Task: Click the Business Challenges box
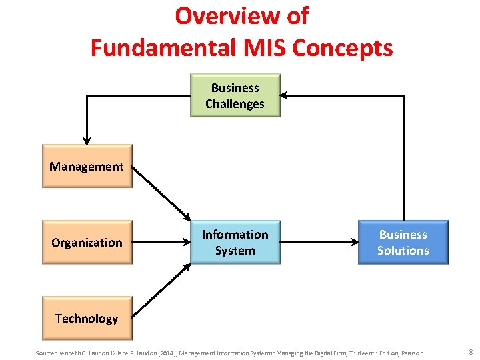[x=235, y=95]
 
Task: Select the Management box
[x=87, y=166]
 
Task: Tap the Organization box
[x=87, y=242]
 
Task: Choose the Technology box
[x=87, y=318]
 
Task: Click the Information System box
[x=235, y=242]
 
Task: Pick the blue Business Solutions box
[x=403, y=242]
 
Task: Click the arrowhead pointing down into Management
[x=87, y=139]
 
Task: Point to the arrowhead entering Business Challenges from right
[x=286, y=95]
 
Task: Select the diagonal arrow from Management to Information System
[x=161, y=193]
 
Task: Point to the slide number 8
[x=470, y=352]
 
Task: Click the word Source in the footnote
[x=46, y=353]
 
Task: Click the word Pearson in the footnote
[x=411, y=353]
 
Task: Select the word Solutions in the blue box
[x=403, y=251]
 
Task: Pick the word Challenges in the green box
[x=235, y=104]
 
